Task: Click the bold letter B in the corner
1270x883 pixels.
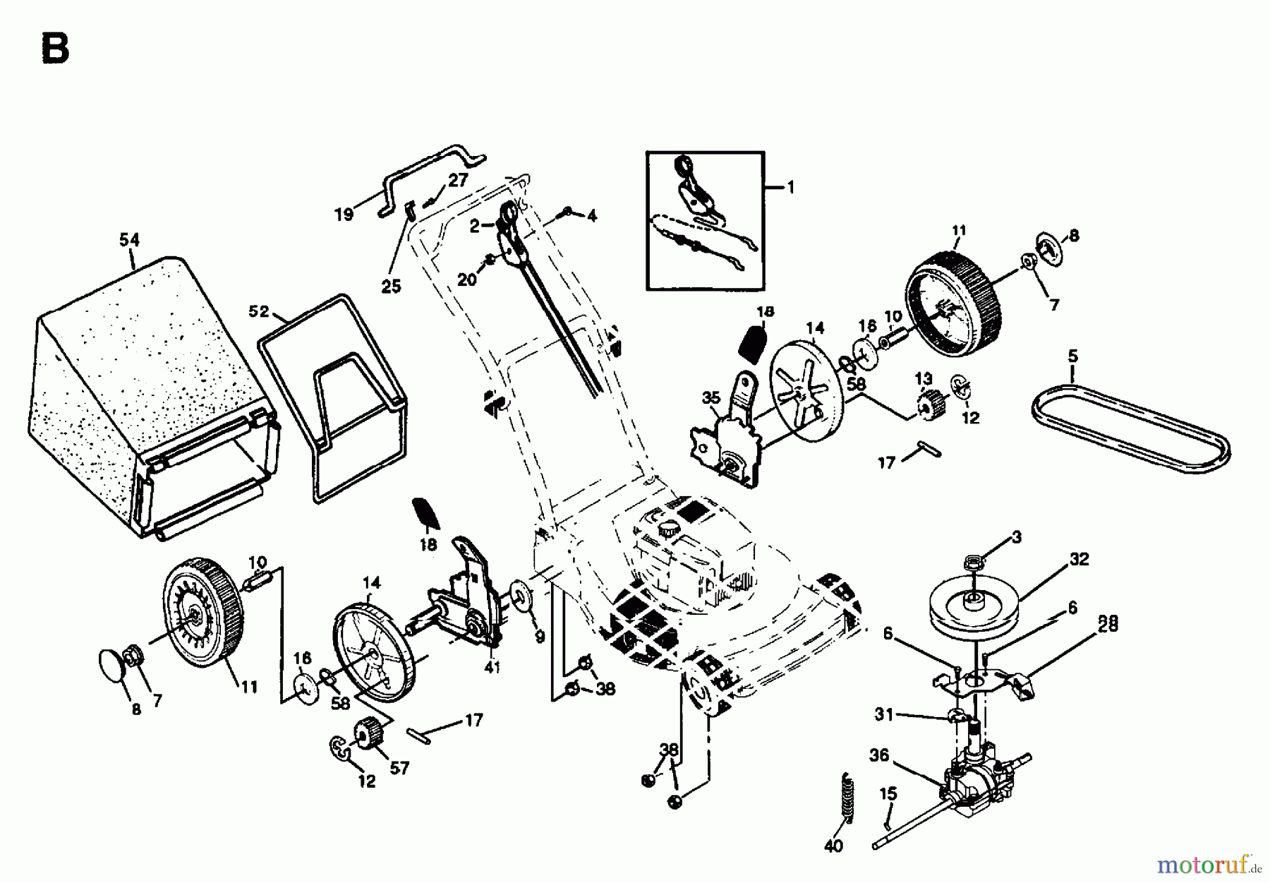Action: pos(55,49)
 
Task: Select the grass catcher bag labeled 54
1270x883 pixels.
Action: pos(141,395)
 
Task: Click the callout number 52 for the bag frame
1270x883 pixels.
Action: pos(259,311)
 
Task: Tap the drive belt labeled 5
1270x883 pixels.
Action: pos(1129,431)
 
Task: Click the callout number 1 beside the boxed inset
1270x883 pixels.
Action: pos(790,187)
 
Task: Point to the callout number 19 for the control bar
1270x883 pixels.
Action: pos(344,213)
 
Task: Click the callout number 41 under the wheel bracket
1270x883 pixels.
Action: pos(492,667)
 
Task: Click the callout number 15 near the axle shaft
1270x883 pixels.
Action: pos(888,794)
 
